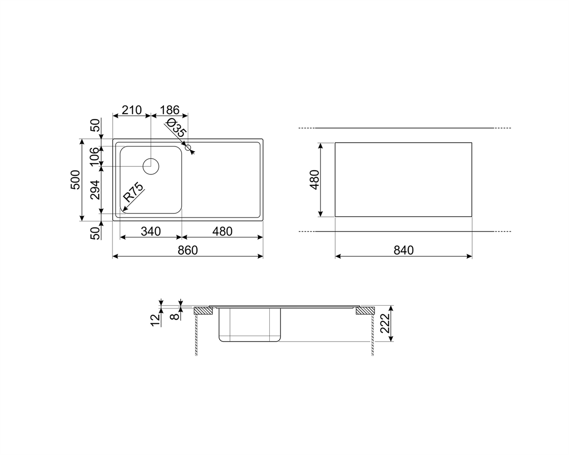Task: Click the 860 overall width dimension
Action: (x=188, y=250)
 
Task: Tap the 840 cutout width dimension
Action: (x=404, y=250)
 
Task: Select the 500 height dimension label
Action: (x=75, y=180)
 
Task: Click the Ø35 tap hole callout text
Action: (x=175, y=127)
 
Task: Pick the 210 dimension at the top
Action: (x=132, y=110)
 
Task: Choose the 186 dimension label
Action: (x=170, y=110)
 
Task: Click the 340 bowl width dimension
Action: (x=151, y=231)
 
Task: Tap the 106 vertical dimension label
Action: (x=95, y=156)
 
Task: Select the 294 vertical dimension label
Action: (x=95, y=190)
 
